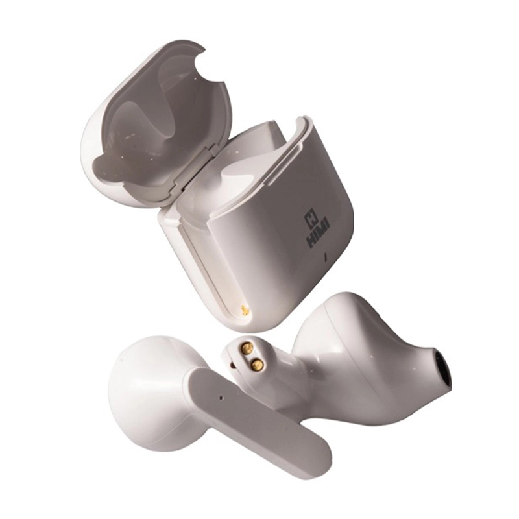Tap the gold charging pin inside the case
click(x=244, y=309)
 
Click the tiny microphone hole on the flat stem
click(x=221, y=396)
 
